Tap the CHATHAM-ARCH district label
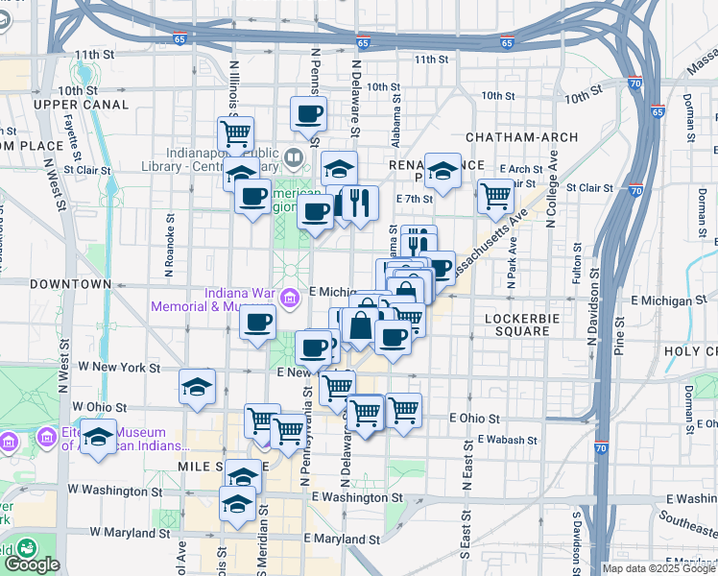click(x=514, y=137)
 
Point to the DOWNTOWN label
click(x=71, y=285)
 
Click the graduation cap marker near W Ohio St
click(x=198, y=388)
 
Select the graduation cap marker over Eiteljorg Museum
click(x=98, y=438)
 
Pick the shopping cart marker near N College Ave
click(x=495, y=197)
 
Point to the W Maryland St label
click(x=129, y=532)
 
